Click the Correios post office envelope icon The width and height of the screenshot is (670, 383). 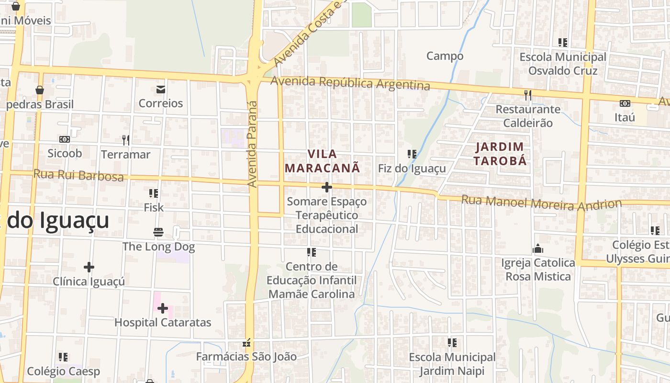(x=160, y=90)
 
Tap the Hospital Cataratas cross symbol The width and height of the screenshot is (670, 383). (x=163, y=308)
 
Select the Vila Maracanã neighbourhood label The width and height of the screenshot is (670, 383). (x=322, y=161)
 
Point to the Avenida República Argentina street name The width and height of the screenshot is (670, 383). (x=350, y=83)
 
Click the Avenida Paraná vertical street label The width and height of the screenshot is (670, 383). (x=252, y=144)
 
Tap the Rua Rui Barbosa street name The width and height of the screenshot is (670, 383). (x=78, y=175)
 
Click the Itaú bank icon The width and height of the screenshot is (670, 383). (x=625, y=103)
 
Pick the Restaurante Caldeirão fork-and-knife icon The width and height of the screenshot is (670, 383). (x=527, y=95)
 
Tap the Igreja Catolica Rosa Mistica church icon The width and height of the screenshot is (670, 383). (x=538, y=249)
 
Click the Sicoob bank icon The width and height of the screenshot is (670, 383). (x=65, y=139)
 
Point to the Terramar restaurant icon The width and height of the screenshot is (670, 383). (x=126, y=140)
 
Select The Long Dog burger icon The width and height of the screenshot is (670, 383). (x=158, y=233)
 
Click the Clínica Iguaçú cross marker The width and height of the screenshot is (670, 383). (x=89, y=267)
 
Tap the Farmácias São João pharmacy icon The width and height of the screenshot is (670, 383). (x=247, y=343)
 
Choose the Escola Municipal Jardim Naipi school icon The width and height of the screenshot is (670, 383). (x=452, y=343)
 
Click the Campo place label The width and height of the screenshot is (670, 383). (x=445, y=56)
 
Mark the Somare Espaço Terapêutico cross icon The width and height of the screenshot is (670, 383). (x=327, y=187)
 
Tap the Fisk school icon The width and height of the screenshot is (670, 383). (x=154, y=193)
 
